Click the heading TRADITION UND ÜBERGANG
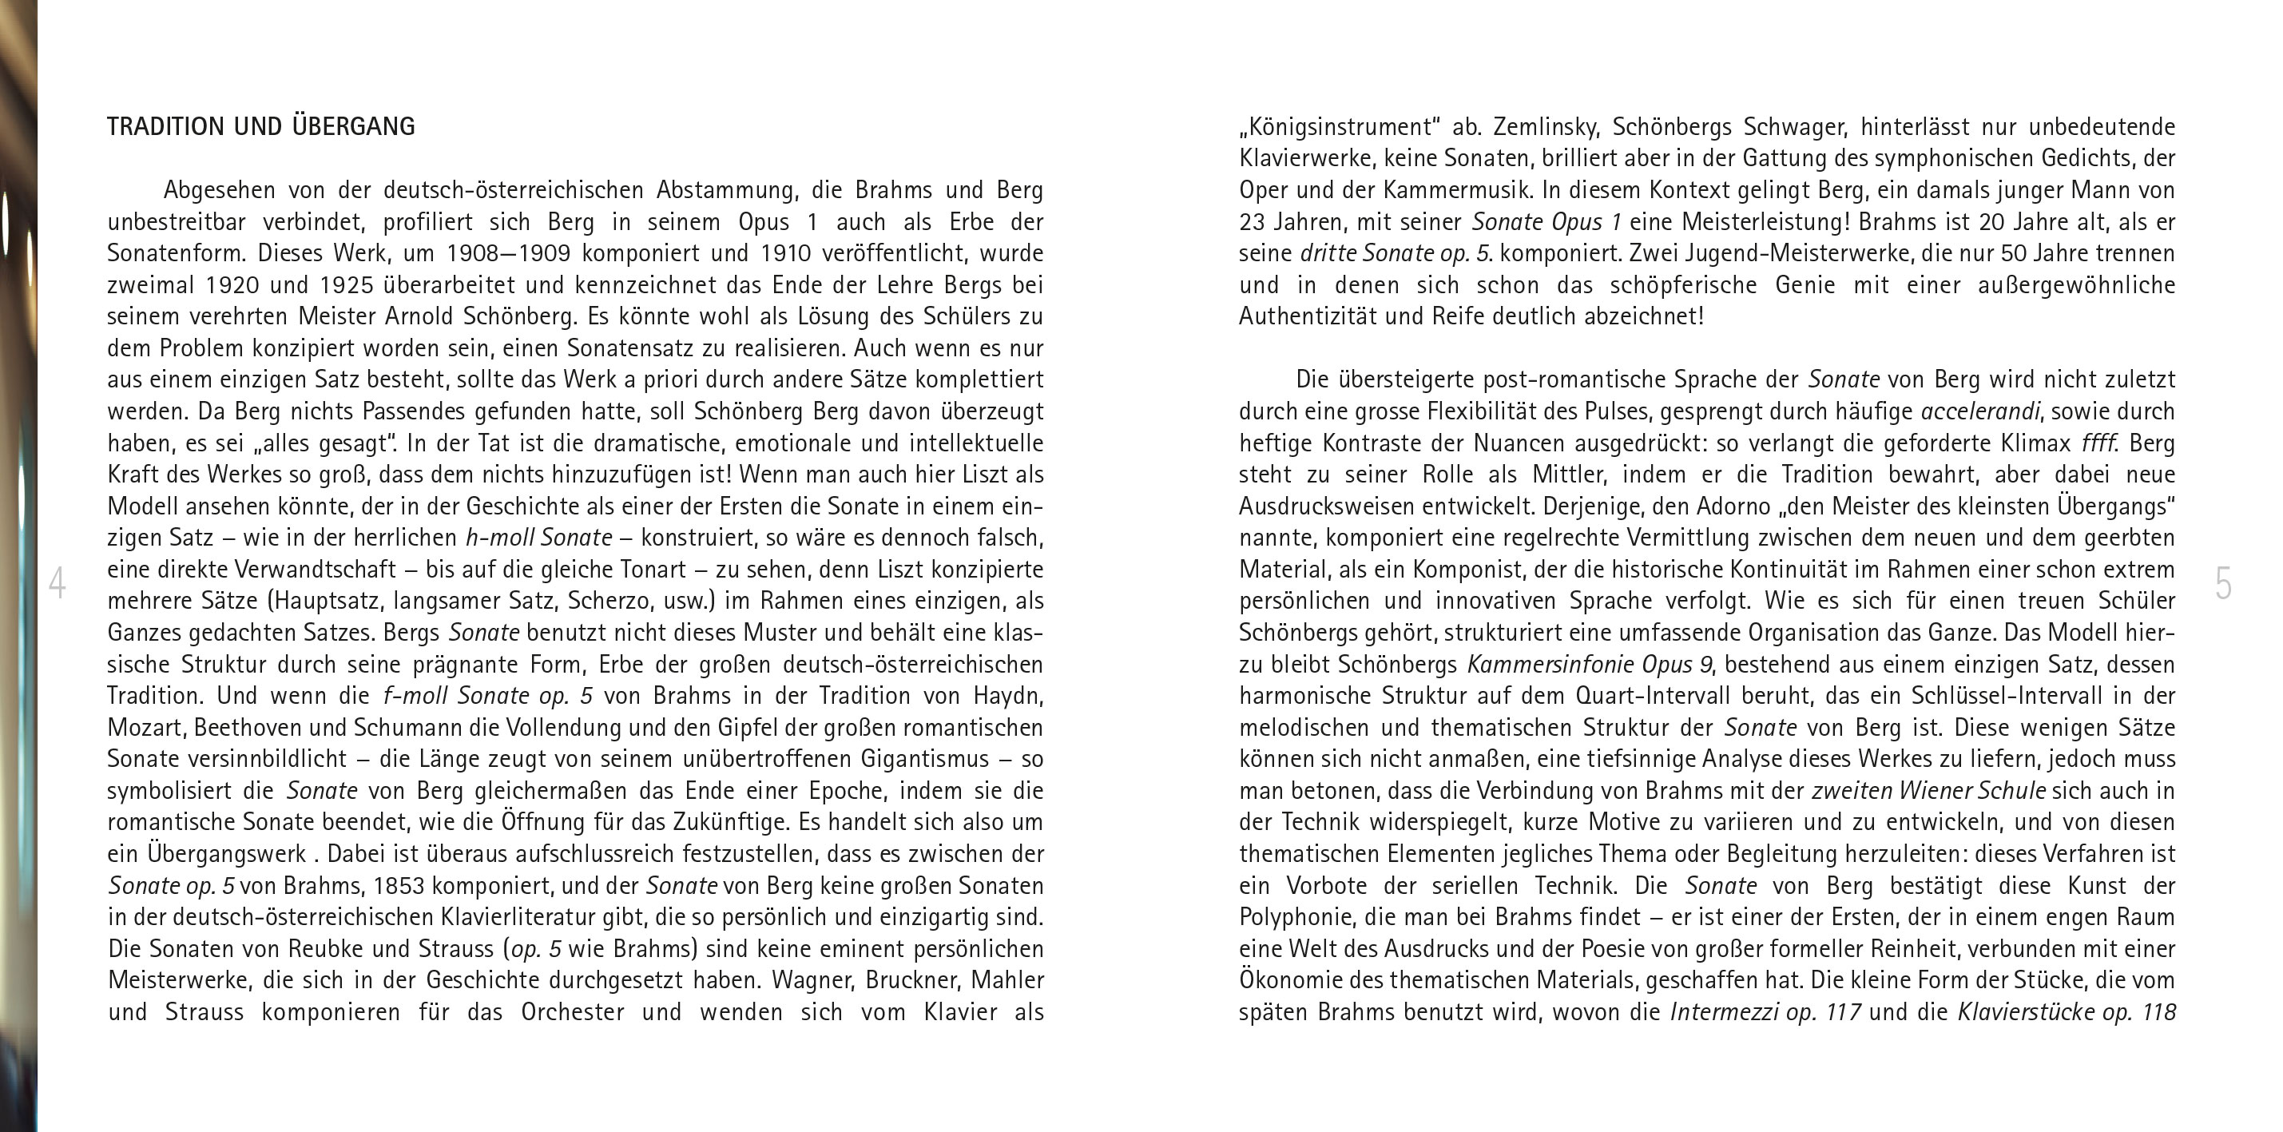[260, 127]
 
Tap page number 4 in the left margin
[57, 583]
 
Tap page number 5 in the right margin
[2223, 583]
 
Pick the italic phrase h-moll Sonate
[539, 538]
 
